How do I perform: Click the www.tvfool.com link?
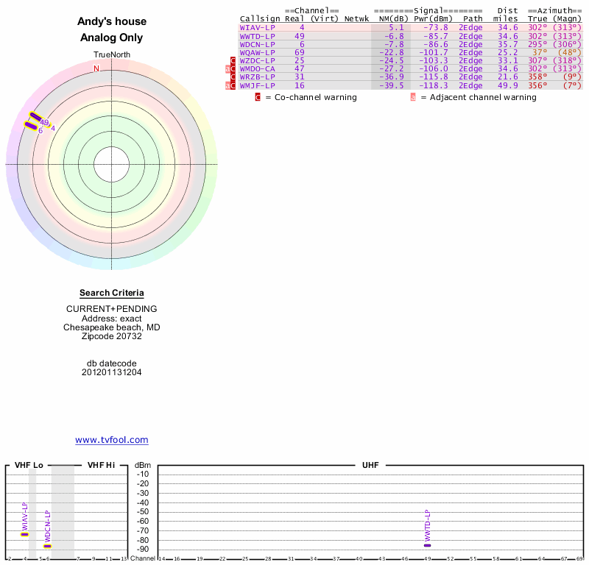click(x=111, y=440)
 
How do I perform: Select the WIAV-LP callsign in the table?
click(x=257, y=27)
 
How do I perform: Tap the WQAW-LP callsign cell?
click(x=257, y=52)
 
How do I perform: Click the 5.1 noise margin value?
click(x=396, y=27)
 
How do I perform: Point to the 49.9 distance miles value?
click(x=507, y=86)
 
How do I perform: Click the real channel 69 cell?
click(x=300, y=52)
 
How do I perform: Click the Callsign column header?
click(x=257, y=18)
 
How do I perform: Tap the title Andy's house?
click(x=112, y=21)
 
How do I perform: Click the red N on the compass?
click(x=96, y=68)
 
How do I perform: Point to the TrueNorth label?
click(x=111, y=55)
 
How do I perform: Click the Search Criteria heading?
click(x=112, y=293)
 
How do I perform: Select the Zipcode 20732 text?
click(x=112, y=336)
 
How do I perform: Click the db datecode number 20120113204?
click(x=112, y=372)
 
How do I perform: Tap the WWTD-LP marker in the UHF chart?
click(x=428, y=545)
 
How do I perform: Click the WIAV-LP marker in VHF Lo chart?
click(x=24, y=534)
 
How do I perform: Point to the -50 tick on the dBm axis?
click(x=143, y=511)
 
